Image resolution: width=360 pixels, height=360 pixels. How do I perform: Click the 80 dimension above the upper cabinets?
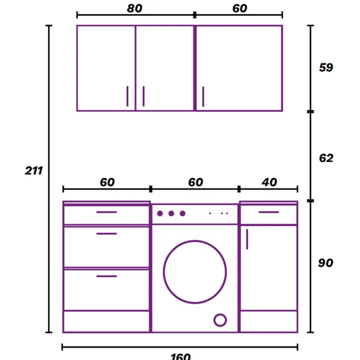coord(135,8)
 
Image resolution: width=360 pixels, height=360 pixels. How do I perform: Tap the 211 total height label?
coord(34,171)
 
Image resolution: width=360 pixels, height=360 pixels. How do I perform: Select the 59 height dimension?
coord(326,68)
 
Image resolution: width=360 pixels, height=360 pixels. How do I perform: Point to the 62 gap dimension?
coord(326,158)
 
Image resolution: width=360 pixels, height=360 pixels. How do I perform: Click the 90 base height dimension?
coord(325,263)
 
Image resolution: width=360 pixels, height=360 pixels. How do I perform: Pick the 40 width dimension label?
coord(269,182)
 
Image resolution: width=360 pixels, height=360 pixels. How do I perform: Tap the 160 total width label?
coord(180,357)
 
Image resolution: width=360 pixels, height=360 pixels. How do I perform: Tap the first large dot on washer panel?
coord(160,214)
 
